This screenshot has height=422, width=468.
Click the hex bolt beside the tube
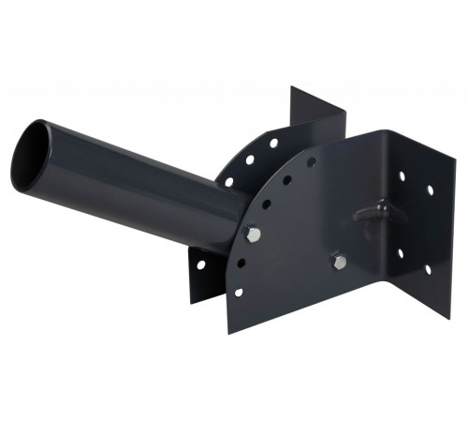(x=253, y=232)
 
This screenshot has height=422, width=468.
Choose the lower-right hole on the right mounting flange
(x=428, y=269)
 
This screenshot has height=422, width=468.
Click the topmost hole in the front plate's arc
(x=312, y=162)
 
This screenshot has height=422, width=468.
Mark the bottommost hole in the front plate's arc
(x=238, y=292)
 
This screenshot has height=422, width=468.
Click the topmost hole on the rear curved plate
(x=273, y=144)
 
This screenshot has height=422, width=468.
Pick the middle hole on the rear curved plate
(x=250, y=160)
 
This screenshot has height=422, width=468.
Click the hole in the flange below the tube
(x=200, y=264)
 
